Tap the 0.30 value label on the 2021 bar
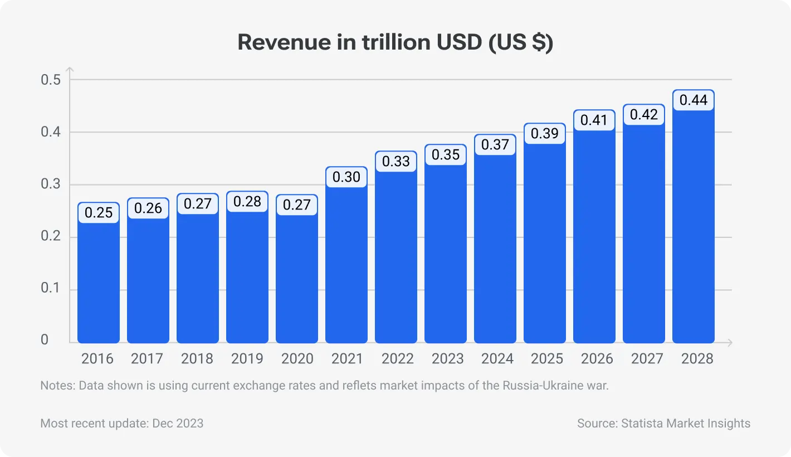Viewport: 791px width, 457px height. pyautogui.click(x=346, y=177)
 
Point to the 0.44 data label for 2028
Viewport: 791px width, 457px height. pyautogui.click(x=693, y=100)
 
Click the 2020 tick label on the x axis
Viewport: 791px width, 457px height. pyautogui.click(x=297, y=358)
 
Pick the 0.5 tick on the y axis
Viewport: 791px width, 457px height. pyautogui.click(x=50, y=80)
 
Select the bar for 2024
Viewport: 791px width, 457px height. pyautogui.click(x=495, y=251)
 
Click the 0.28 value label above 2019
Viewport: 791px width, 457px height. pyautogui.click(x=247, y=202)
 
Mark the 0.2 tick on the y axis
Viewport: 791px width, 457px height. pyautogui.click(x=50, y=237)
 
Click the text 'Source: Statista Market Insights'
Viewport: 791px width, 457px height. pyautogui.click(x=663, y=424)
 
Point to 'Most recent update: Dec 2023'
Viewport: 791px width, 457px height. pyautogui.click(x=122, y=424)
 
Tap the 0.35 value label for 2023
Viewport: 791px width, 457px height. pyautogui.click(x=446, y=155)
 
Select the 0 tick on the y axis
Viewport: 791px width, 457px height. pyautogui.click(x=45, y=340)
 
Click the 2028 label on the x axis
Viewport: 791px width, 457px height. pyautogui.click(x=697, y=358)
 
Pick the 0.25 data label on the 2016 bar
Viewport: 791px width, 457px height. pyautogui.click(x=99, y=213)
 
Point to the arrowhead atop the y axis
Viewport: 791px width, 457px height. pyautogui.click(x=70, y=70)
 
